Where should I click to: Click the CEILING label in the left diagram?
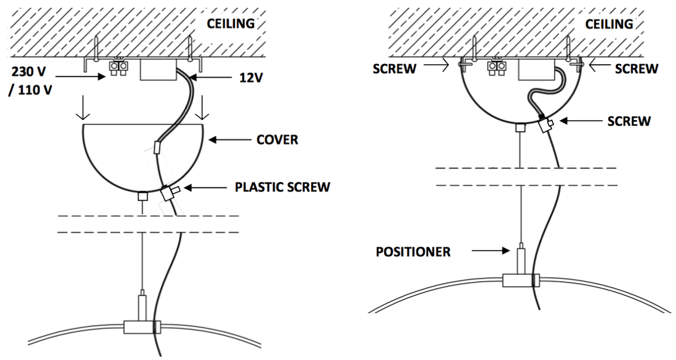point(230,25)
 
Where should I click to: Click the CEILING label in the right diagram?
point(609,25)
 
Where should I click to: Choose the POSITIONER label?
point(413,251)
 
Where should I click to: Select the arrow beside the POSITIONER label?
point(491,251)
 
